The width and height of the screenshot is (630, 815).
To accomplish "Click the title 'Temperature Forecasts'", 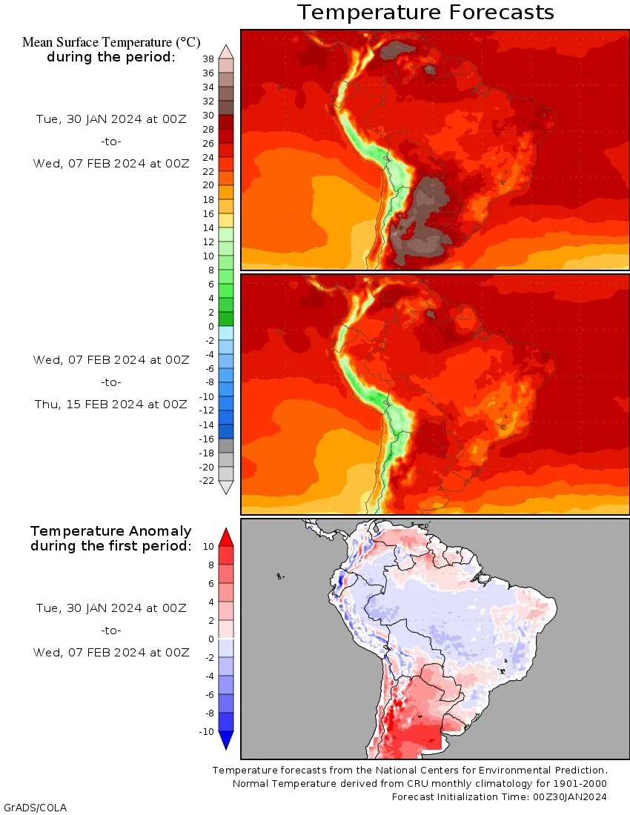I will pos(425,13).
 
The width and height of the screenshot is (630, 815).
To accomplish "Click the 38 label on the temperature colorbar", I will pos(208,59).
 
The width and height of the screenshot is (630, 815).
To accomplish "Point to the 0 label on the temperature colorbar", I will pos(210,326).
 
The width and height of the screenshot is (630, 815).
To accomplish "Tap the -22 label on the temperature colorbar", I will pos(206,481).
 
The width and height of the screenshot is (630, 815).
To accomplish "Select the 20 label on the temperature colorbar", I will pos(208,185).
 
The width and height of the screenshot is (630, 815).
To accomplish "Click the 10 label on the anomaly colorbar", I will pos(208,546).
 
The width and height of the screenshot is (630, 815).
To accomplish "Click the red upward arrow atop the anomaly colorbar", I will pos(227,536).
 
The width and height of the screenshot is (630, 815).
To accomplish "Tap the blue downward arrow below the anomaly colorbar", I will pos(227,740).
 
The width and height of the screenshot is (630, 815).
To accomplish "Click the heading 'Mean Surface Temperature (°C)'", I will pos(111,43).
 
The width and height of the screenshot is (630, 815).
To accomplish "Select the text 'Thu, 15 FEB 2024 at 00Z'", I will pos(111,405).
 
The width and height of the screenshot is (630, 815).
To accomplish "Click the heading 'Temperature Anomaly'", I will pos(111,531).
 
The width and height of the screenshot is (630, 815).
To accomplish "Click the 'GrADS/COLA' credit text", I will pos(35,807).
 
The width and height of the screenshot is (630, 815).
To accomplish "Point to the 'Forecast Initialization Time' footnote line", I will pos(500,797).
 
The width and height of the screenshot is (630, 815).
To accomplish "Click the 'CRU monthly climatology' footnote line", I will pos(420,784).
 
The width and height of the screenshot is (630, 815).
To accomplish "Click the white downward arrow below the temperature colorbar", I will pos(226,488).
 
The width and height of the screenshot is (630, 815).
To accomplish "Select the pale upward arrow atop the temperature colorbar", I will pos(226,50).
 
